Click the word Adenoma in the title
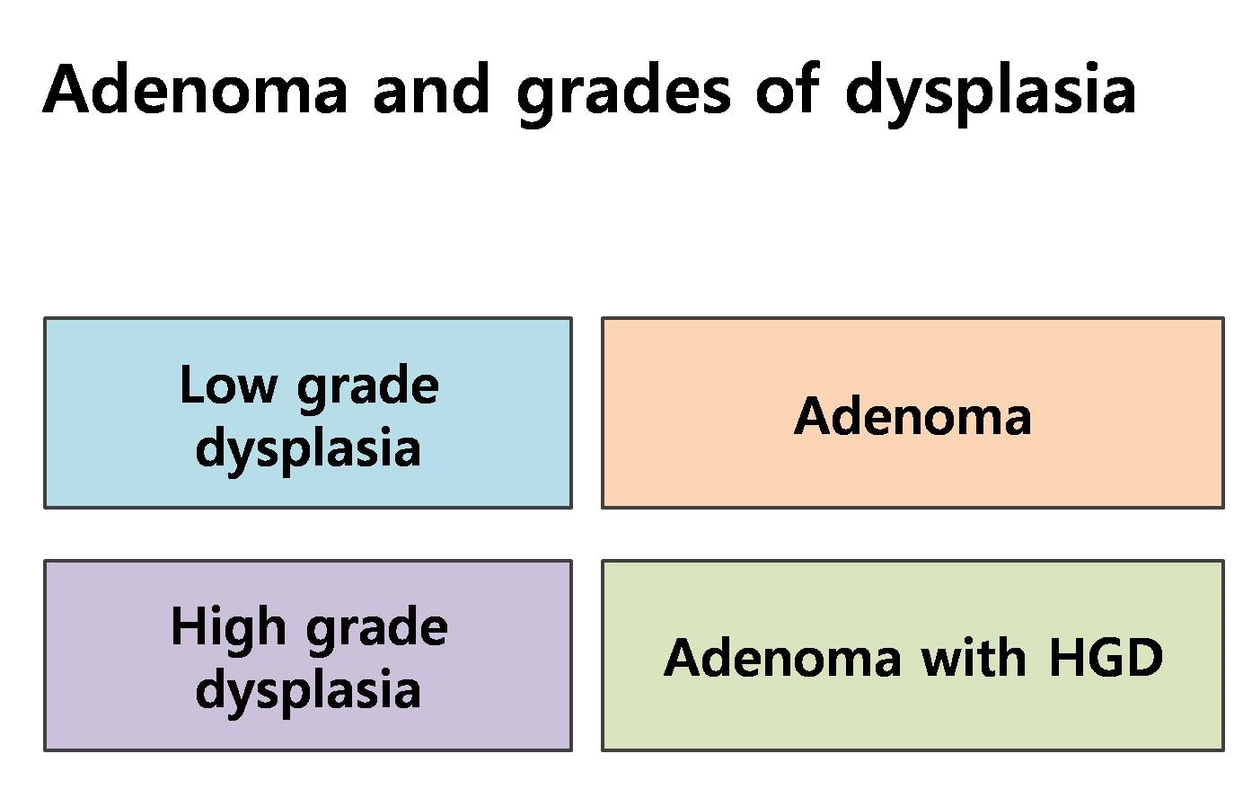[195, 90]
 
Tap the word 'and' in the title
[431, 89]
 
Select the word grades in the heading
[623, 95]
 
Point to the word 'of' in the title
[788, 89]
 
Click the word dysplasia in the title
[991, 95]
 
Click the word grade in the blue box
[368, 388]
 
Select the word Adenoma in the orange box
[912, 416]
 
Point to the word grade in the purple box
[377, 631]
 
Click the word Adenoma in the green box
[782, 658]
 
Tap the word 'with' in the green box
[974, 657]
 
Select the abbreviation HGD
[1106, 658]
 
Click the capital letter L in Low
[192, 384]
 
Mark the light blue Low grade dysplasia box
[308, 413]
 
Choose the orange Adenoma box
[912, 413]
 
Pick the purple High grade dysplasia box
[308, 656]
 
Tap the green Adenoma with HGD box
[912, 656]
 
